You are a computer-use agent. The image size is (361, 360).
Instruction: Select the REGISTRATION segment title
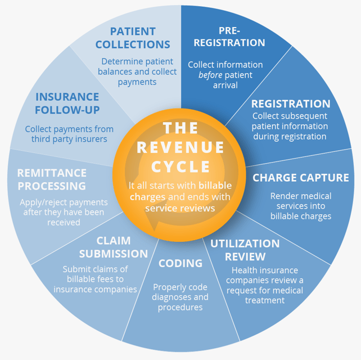point(291,104)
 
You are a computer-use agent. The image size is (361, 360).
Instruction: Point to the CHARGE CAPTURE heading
point(301,178)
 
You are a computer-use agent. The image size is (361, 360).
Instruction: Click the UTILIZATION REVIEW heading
point(245,250)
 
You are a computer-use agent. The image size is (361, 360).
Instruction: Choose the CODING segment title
point(180,263)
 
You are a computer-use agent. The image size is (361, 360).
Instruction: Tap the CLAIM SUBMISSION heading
point(114,247)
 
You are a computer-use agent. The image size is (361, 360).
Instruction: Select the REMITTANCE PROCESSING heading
point(52,179)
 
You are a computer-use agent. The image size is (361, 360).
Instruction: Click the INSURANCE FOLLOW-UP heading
point(67,103)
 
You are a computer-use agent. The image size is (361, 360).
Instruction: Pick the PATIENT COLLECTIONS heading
point(133,37)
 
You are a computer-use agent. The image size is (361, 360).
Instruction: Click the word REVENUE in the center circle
point(180,148)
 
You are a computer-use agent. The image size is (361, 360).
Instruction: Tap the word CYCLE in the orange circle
point(180,167)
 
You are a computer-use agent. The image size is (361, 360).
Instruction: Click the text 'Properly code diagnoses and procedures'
point(180,297)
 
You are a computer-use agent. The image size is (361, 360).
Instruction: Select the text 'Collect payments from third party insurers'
point(69,134)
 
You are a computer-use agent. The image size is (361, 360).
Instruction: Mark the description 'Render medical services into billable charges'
point(301,206)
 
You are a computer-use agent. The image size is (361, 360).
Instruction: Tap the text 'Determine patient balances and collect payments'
point(137,71)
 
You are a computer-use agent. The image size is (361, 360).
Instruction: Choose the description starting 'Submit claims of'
point(96,279)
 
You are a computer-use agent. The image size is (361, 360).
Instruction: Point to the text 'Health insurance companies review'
point(267,275)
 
